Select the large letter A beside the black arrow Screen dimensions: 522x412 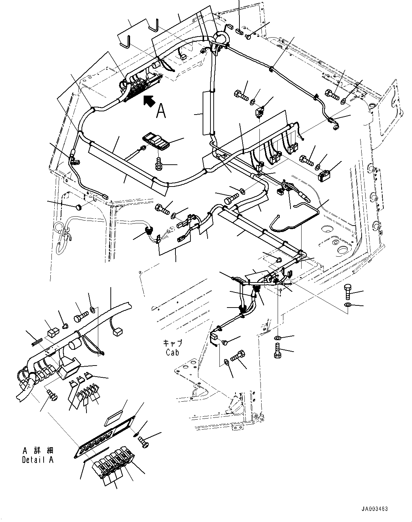[x=161, y=111]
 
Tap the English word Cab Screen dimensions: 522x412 [x=173, y=352]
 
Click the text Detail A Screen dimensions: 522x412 [x=37, y=460]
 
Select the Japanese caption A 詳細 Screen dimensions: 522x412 [x=37, y=451]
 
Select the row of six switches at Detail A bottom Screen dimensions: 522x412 [x=111, y=464]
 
